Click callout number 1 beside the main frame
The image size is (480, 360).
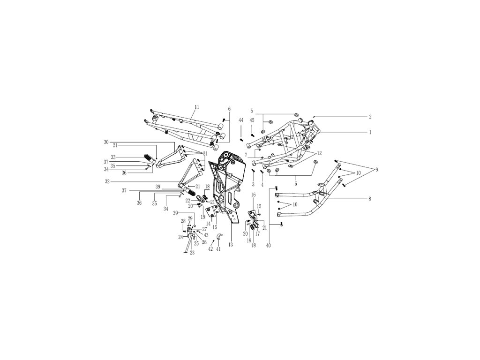coord(370,133)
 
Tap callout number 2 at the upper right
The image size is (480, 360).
coord(370,117)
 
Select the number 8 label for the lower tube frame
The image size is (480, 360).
coord(370,199)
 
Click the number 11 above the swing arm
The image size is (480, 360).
coord(197,107)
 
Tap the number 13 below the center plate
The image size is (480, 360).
coord(231,245)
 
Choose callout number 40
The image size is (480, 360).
coord(268,245)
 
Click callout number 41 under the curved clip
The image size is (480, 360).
coord(218,249)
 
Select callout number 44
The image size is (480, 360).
coord(241,120)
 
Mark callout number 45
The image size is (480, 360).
coord(252,120)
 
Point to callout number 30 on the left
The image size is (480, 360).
coord(106,142)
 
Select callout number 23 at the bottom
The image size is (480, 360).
coord(192,253)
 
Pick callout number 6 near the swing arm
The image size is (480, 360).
coord(229,109)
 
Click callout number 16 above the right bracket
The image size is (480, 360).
coord(253,195)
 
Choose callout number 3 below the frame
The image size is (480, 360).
coord(253,185)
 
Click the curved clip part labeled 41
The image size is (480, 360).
coord(219,236)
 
